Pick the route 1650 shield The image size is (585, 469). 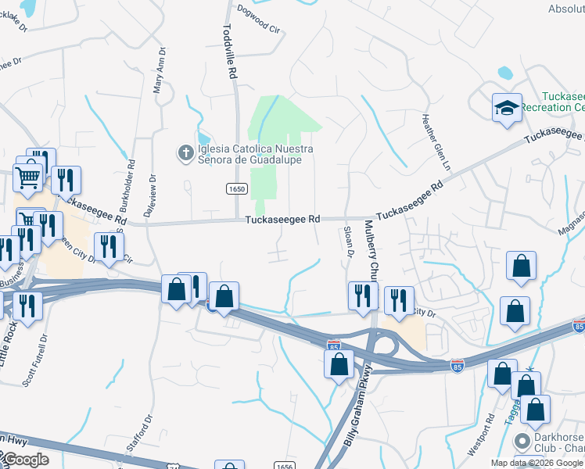pos(237,189)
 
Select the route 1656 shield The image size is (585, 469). pos(284,465)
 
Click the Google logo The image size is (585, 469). pos(25,460)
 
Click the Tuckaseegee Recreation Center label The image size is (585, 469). pos(552,101)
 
